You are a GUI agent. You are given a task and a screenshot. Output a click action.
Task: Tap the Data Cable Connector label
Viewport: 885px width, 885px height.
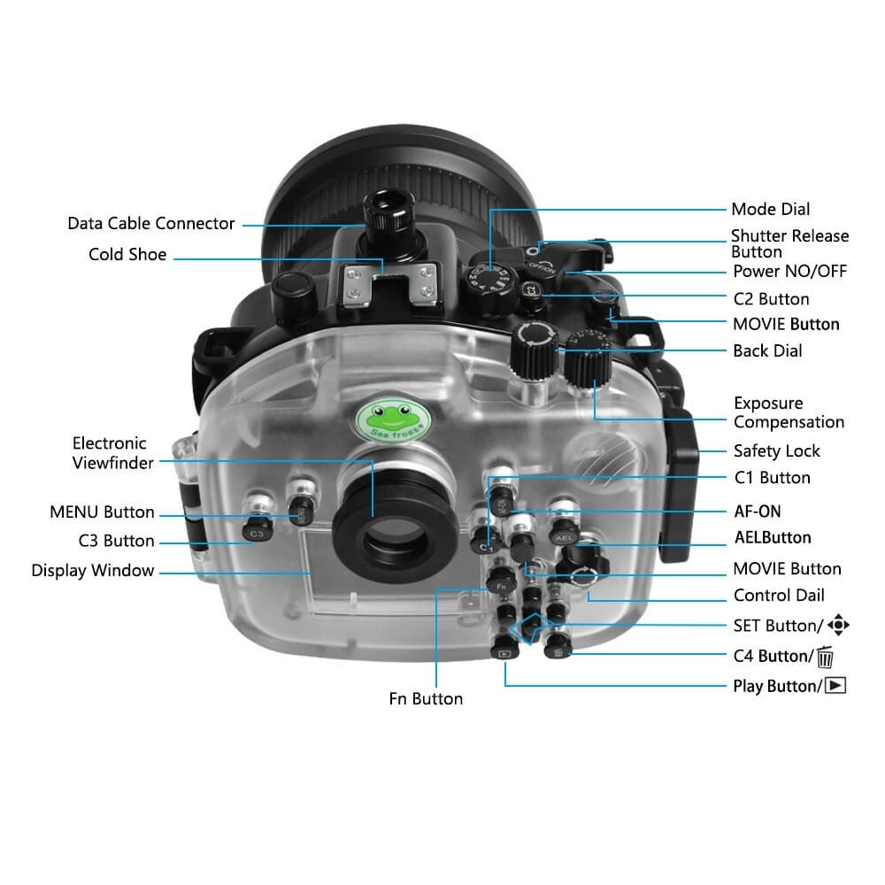coord(151,223)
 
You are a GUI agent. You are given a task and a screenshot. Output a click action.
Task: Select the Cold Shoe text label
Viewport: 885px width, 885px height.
coord(127,254)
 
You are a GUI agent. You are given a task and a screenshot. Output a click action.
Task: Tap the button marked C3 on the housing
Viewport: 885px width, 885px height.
coord(255,533)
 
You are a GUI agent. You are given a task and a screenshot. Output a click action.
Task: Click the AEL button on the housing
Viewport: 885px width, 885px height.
coord(564,536)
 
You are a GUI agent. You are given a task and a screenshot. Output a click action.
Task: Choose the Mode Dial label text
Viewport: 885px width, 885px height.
coord(770,210)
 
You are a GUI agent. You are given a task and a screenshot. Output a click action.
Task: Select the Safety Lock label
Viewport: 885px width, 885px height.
coord(776,451)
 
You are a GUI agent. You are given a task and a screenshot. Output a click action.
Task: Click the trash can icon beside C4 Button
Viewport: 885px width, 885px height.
coord(825,657)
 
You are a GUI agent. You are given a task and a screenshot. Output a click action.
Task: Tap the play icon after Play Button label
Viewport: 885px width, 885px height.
coord(835,686)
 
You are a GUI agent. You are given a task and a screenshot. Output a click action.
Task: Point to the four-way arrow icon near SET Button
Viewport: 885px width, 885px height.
coord(838,626)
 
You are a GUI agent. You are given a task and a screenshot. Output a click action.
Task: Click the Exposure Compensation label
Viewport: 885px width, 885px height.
coord(789,412)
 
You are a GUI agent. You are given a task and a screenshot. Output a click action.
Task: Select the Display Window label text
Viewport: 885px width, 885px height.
coord(93,571)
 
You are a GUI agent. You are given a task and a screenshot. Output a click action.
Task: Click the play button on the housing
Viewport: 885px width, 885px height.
coord(504,653)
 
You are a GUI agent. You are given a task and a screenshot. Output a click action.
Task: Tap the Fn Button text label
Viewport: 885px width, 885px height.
coord(426,699)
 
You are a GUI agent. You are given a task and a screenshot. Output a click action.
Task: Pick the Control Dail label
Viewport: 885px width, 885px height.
coord(779,596)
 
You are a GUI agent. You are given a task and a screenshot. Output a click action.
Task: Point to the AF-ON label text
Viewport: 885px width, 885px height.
coord(758,511)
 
